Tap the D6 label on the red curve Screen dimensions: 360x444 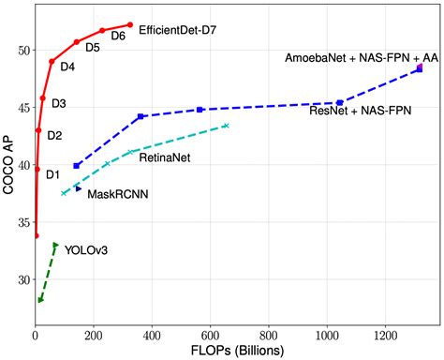pos(118,36)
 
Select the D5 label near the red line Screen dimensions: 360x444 pos(93,47)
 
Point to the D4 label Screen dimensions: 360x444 pos(68,67)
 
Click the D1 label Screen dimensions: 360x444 pos(52,173)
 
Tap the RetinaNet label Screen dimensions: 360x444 pos(165,157)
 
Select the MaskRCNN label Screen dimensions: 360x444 pos(118,194)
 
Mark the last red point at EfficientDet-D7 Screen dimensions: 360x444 pos(130,24)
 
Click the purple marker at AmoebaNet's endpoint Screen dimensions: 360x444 pos(421,67)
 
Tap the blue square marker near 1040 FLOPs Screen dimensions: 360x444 pos(339,102)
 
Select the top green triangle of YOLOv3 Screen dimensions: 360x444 pos(55,246)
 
